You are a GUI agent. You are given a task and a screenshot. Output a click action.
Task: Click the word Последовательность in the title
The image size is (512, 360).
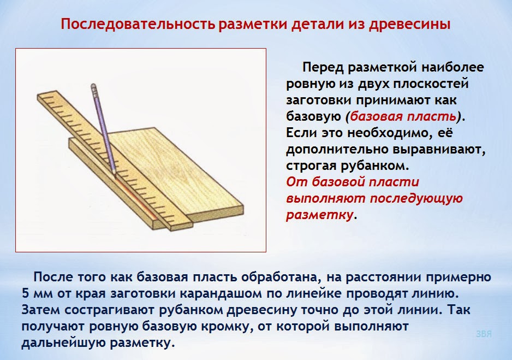click(138, 24)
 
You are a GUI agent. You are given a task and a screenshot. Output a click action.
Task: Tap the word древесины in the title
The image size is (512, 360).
click(409, 25)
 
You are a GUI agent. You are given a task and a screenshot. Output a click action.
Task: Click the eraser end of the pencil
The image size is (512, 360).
click(93, 86)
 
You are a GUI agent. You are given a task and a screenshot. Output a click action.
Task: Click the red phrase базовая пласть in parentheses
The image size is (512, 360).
click(403, 116)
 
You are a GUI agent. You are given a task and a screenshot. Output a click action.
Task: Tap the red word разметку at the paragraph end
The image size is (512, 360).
click(319, 215)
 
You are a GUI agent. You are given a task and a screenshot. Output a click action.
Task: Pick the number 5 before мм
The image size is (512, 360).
click(26, 293)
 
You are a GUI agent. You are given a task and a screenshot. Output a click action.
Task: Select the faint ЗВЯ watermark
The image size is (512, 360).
click(484, 334)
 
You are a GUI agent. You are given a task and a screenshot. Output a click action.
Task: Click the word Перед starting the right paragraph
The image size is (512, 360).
click(323, 68)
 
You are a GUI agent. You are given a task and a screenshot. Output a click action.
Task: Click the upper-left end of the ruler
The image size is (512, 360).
click(38, 96)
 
